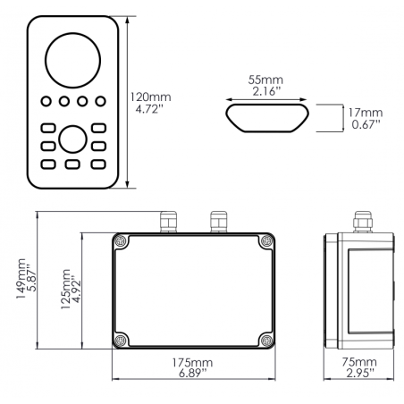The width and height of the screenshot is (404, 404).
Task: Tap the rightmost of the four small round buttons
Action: click(x=100, y=102)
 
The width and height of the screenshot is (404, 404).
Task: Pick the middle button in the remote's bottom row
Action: click(x=73, y=164)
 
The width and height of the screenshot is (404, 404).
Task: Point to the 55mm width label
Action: click(x=267, y=80)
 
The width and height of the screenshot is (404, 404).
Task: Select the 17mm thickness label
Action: click(x=366, y=113)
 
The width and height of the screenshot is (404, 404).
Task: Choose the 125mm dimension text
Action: click(x=63, y=288)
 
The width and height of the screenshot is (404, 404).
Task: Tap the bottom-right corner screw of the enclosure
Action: click(x=265, y=339)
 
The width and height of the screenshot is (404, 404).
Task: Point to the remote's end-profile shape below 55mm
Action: click(x=267, y=116)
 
